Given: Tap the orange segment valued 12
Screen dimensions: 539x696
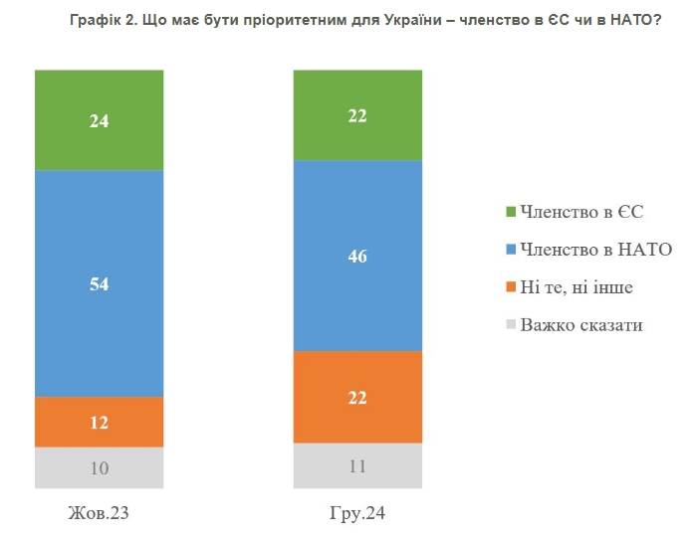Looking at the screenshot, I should (x=100, y=422).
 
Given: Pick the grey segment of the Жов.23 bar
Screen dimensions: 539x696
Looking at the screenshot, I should (x=100, y=467).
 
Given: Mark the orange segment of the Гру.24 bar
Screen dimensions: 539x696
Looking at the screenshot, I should (x=357, y=397).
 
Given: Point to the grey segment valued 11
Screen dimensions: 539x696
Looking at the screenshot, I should (x=357, y=465).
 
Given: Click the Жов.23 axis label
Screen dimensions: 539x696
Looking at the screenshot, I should (x=100, y=515).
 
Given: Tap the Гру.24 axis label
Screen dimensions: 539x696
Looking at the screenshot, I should (x=357, y=515).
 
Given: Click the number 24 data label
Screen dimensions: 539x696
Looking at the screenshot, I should (x=100, y=122).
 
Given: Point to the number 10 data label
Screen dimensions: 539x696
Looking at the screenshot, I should (x=100, y=467).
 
